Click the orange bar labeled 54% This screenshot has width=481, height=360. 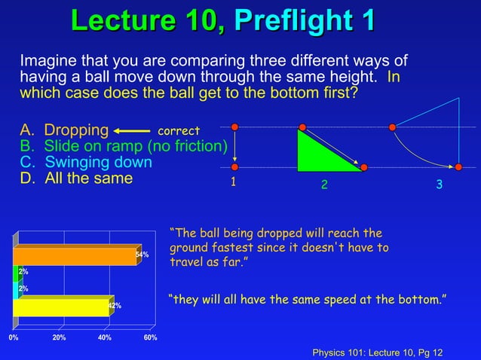pos(75,255)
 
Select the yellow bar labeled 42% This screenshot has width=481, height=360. pos(62,306)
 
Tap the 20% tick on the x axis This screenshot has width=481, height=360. pos(59,337)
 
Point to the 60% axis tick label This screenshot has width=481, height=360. pos(150,337)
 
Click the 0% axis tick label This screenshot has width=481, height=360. pos(14,337)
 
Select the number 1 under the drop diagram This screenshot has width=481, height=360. pos(234,182)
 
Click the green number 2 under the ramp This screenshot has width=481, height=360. pos(324,185)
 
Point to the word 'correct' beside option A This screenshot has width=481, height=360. pos(179,131)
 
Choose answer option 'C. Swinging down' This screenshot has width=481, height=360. pos(85,162)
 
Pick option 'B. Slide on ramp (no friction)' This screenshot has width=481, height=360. pos(123,146)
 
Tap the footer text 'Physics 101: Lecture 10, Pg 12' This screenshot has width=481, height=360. pos(377,352)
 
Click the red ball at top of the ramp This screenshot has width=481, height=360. pos(302,127)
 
